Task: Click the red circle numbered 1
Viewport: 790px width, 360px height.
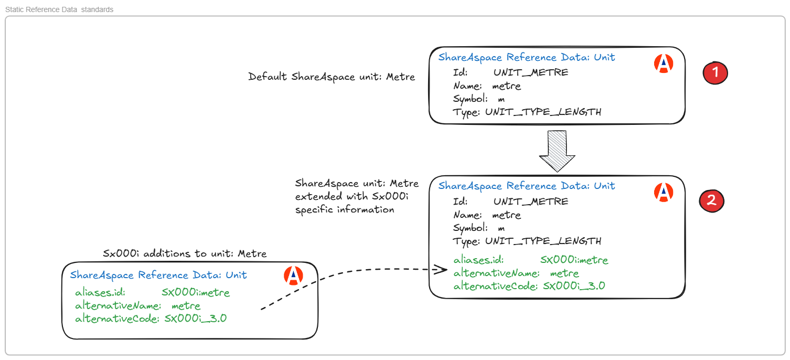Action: click(715, 73)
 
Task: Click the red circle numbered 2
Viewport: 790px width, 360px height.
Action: click(711, 200)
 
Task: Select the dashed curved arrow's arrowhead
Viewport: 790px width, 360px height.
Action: click(442, 270)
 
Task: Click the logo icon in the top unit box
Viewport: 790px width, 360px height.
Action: click(664, 63)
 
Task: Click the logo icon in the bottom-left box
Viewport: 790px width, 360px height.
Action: click(293, 276)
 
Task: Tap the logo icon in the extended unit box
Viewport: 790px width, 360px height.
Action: click(664, 192)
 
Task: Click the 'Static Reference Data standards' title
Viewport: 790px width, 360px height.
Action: click(59, 9)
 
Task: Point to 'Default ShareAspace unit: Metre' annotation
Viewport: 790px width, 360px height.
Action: click(332, 77)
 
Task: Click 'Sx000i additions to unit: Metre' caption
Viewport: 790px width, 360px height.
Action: click(185, 254)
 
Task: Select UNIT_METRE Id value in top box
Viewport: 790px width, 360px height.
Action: click(530, 72)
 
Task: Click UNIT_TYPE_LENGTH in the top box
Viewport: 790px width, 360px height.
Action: click(543, 112)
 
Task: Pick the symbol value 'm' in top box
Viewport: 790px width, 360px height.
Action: click(501, 99)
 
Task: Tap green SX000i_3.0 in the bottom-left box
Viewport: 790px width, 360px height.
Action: click(195, 319)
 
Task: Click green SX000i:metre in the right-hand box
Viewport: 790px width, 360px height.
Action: click(574, 260)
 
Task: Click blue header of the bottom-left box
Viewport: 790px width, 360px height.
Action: click(158, 275)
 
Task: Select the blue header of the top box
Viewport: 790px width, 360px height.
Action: click(527, 57)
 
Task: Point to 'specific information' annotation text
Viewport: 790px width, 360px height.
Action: click(344, 210)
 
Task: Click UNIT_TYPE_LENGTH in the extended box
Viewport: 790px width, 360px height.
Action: click(543, 241)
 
